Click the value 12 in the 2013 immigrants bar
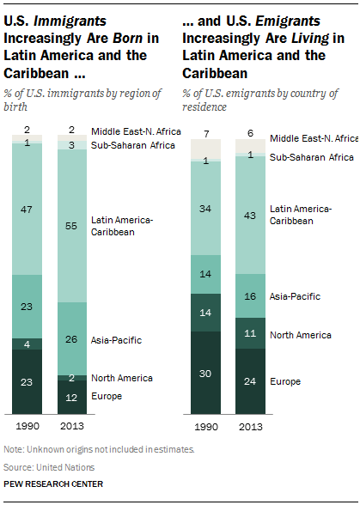coord(73,397)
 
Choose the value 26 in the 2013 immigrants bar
coord(73,338)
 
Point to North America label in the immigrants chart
coord(121,378)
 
